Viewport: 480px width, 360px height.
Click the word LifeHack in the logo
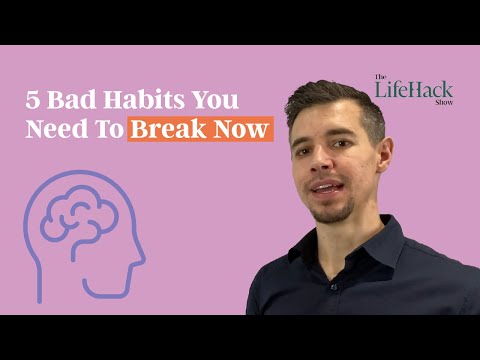(413, 90)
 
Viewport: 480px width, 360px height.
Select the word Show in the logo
(443, 102)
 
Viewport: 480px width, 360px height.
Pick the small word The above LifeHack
(380, 77)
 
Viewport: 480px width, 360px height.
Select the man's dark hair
(335, 100)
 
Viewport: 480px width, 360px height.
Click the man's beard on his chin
(330, 210)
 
